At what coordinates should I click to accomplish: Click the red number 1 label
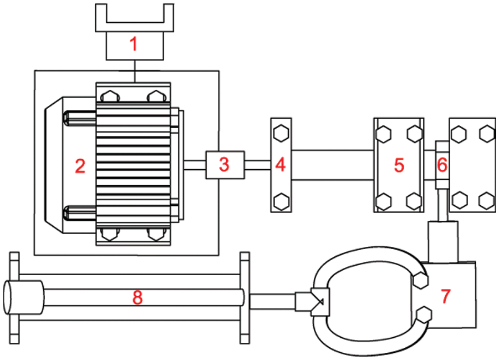(134, 44)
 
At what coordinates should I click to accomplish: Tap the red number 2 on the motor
(80, 166)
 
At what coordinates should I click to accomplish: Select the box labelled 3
(225, 165)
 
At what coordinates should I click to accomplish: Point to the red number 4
(280, 165)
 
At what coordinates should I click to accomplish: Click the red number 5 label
(399, 165)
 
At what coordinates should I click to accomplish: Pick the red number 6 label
(442, 165)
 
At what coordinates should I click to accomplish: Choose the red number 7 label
(446, 296)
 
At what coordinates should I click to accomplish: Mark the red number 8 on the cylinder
(137, 298)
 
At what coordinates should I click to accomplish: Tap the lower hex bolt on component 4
(281, 201)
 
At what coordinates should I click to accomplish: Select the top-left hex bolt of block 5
(383, 134)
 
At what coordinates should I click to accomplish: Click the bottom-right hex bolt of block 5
(414, 201)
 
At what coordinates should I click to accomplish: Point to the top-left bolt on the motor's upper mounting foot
(110, 96)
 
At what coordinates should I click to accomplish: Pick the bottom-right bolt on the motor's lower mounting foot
(156, 234)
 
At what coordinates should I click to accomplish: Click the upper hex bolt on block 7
(420, 280)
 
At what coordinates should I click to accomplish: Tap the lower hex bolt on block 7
(424, 315)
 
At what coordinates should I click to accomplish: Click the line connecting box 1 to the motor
(135, 72)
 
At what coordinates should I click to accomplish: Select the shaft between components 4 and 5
(333, 165)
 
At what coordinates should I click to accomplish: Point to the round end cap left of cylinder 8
(23, 297)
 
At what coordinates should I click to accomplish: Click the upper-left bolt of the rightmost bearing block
(459, 134)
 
